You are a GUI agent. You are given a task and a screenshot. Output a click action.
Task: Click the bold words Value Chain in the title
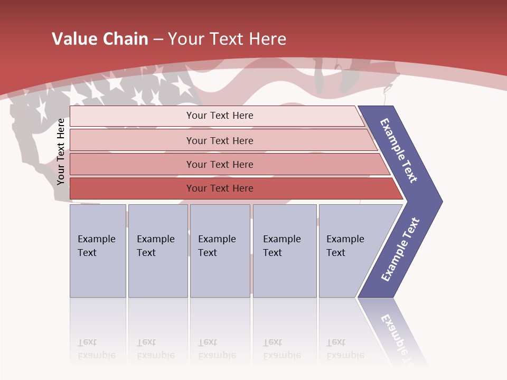pos(100,39)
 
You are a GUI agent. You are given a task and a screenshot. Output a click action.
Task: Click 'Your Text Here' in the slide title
pos(227,39)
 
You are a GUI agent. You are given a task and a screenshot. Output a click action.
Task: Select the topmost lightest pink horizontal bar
pos(132,116)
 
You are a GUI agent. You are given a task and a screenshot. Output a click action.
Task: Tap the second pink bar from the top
pos(132,140)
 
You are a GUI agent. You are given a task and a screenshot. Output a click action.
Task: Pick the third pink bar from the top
pos(132,164)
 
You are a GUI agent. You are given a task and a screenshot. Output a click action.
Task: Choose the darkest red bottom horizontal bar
pos(132,188)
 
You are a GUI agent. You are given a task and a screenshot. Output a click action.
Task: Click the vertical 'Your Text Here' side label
pos(61,152)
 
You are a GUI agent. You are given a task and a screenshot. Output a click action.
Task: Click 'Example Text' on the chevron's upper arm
pos(399,150)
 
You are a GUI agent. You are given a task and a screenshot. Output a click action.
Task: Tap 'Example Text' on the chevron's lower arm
pos(400,250)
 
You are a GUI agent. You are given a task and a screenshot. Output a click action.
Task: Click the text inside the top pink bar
pos(220,116)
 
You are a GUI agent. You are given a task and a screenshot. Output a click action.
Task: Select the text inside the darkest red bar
pos(220,188)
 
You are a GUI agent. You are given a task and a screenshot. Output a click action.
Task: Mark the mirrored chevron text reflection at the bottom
pos(396,338)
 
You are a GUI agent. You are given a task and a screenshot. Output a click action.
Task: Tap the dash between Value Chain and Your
pos(158,40)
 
